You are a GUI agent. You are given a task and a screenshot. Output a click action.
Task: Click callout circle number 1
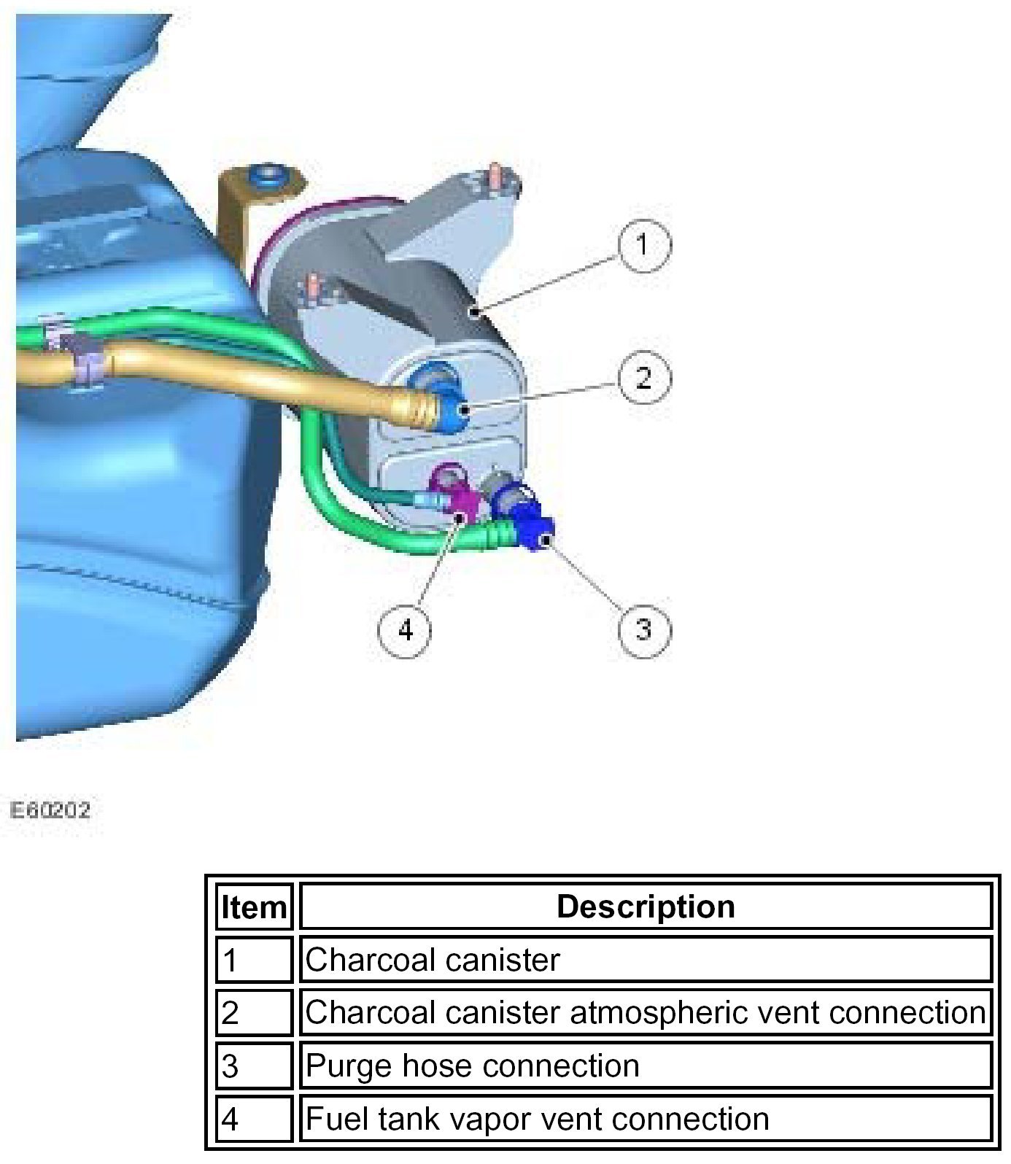pyautogui.click(x=643, y=245)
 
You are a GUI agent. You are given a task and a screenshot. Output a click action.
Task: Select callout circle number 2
pyautogui.click(x=643, y=379)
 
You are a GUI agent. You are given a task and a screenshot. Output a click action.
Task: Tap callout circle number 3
pyautogui.click(x=643, y=629)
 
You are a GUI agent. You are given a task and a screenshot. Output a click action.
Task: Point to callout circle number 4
pyautogui.click(x=405, y=629)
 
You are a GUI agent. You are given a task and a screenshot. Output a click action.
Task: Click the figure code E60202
pyautogui.click(x=50, y=810)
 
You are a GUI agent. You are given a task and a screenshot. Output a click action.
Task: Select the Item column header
pyautogui.click(x=254, y=907)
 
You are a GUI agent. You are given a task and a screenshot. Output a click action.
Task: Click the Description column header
pyautogui.click(x=646, y=907)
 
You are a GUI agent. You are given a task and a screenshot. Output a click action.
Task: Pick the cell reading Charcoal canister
pyautogui.click(x=433, y=960)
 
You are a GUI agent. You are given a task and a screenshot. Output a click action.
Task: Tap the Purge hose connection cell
pyautogui.click(x=473, y=1066)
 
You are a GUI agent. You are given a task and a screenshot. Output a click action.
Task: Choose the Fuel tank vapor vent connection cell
pyautogui.click(x=537, y=1119)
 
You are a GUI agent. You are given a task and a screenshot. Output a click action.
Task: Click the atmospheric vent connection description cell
pyautogui.click(x=646, y=1012)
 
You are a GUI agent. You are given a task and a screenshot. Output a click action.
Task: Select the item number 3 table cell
pyautogui.click(x=254, y=1066)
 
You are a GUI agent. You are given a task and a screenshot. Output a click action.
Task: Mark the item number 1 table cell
pyautogui.click(x=254, y=960)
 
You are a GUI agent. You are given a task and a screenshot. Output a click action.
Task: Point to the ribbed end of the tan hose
pyautogui.click(x=419, y=408)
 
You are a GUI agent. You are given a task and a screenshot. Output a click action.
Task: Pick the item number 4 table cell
pyautogui.click(x=254, y=1119)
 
